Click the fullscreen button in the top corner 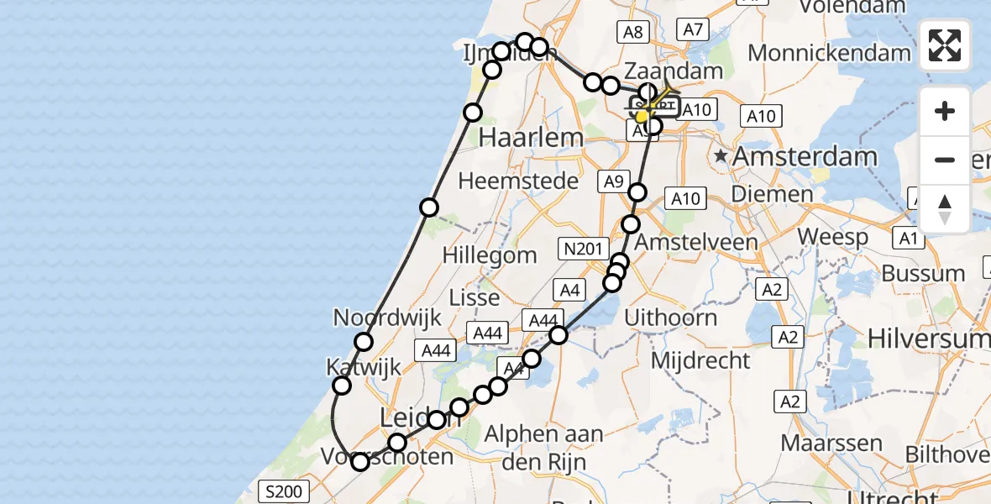click(x=945, y=45)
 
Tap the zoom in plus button click(x=945, y=112)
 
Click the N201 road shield click(x=580, y=248)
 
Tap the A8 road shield click(x=633, y=32)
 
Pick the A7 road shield click(x=693, y=29)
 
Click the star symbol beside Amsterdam click(x=720, y=156)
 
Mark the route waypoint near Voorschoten click(x=359, y=461)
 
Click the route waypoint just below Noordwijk click(x=364, y=342)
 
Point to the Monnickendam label click(x=829, y=53)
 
